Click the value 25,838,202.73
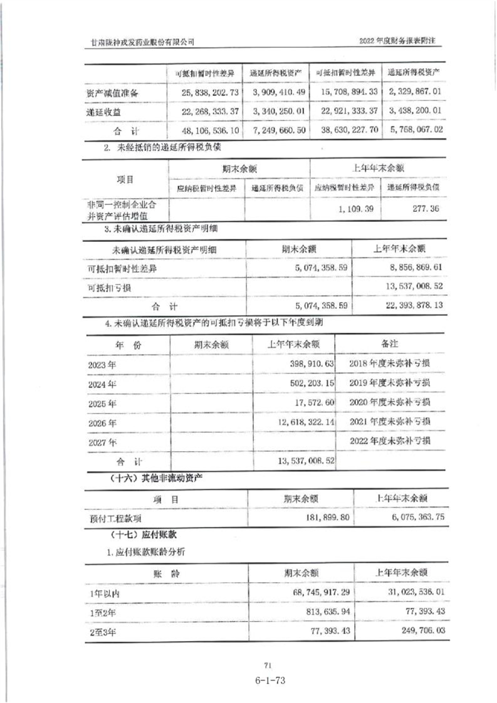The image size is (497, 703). pos(209,92)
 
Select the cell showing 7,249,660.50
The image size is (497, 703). pos(278,131)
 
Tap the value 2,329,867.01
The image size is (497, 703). pos(416,92)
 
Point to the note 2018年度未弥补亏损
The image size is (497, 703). pos(391,363)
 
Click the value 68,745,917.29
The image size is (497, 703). pos(310,591)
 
